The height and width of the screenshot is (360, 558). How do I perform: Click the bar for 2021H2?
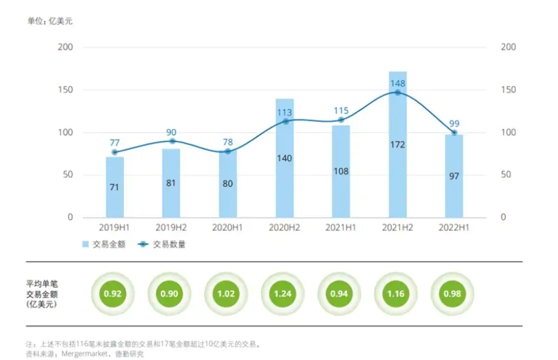coord(397,144)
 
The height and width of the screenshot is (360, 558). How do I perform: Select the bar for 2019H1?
coord(115,187)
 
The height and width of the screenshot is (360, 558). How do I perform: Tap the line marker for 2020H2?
coord(285,121)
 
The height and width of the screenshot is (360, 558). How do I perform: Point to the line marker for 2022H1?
coord(454,132)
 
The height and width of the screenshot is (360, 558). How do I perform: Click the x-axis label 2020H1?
coord(228,227)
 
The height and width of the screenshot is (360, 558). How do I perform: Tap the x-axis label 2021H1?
coord(341,227)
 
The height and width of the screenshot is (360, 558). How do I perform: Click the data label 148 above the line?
coord(397,83)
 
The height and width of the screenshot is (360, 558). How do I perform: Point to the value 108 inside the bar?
coord(341,171)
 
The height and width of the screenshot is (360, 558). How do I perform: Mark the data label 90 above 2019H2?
coord(171,131)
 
